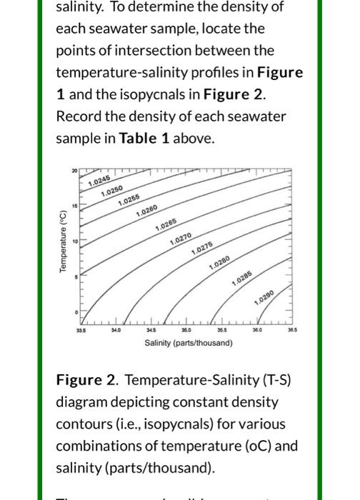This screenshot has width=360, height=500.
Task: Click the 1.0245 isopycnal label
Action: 100,181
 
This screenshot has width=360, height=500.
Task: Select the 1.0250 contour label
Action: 112,191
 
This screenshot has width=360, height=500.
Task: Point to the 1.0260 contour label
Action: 145,211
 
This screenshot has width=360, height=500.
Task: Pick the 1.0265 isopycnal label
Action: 166,226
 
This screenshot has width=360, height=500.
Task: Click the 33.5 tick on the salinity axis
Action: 81,331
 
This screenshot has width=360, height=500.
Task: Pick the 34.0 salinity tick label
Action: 116,331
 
